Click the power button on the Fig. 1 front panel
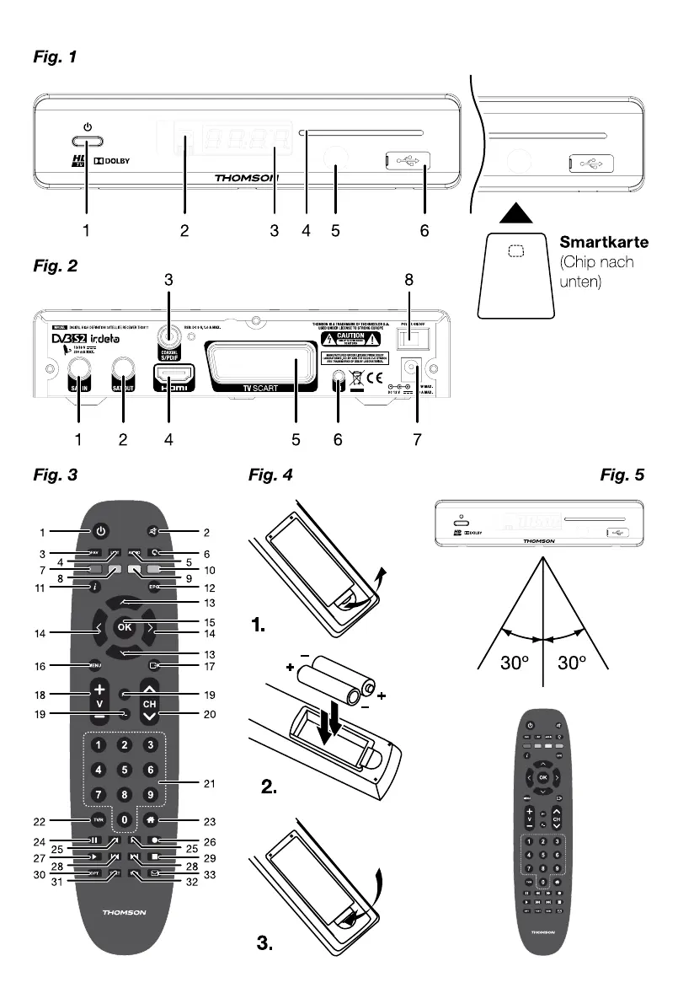coord(87,142)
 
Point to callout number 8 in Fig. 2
coord(409,279)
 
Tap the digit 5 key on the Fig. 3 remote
coord(125,770)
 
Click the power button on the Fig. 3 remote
coord(100,532)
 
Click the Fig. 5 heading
coord(622,475)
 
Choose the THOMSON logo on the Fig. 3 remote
coord(125,913)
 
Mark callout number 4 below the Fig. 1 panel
coord(307,230)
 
